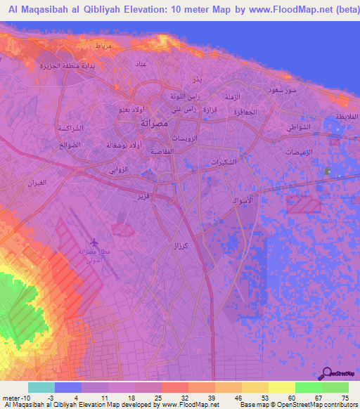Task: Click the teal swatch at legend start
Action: (x=41, y=387)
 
